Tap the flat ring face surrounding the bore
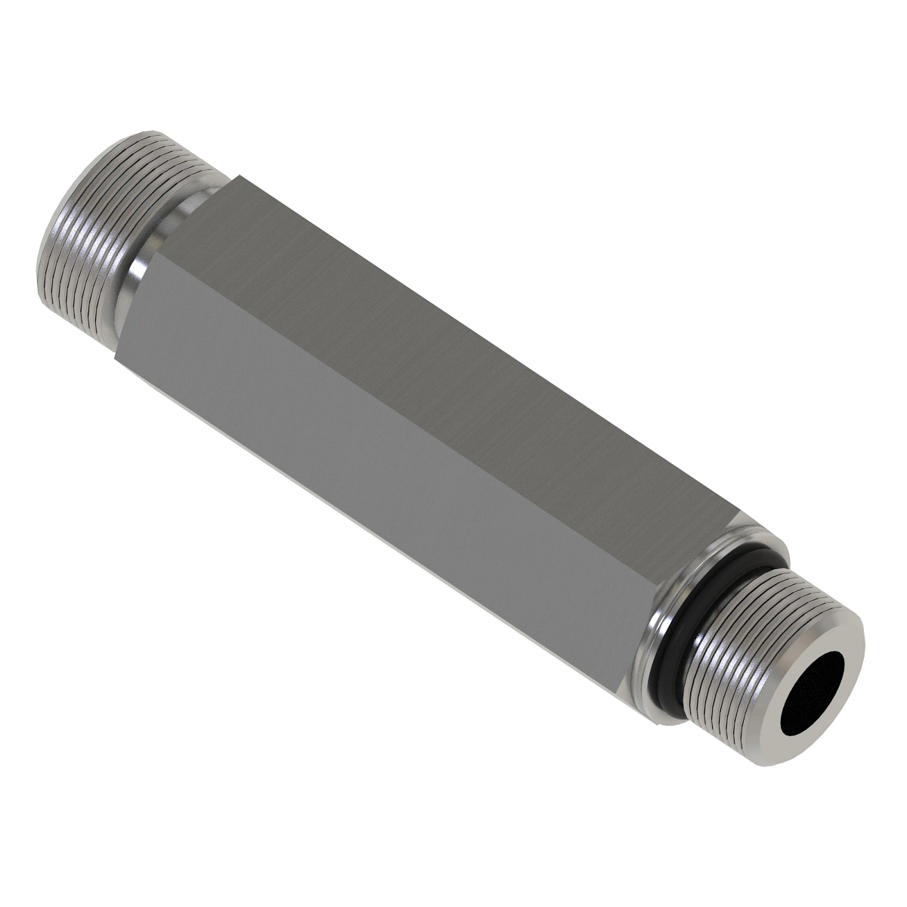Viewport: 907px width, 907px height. (847, 665)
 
